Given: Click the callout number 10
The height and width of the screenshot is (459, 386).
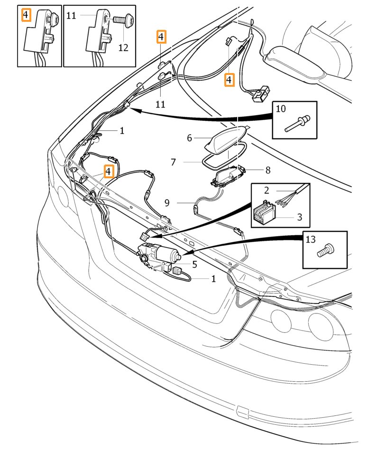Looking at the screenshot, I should click(281, 109).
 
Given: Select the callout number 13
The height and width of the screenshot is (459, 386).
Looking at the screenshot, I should click(310, 239).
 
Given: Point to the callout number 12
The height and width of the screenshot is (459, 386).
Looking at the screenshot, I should click(123, 47).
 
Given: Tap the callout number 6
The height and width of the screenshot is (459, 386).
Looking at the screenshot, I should click(189, 138).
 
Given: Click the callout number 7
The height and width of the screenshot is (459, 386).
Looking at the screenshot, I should click(173, 162).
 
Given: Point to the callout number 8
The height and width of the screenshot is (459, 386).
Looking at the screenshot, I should click(268, 169).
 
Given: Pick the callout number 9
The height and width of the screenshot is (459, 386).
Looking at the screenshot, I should click(167, 203).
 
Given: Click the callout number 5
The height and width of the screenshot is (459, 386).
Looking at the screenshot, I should click(194, 265).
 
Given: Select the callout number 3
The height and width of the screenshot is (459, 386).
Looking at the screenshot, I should click(299, 217).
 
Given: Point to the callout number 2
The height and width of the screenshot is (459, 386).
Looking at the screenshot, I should click(267, 191).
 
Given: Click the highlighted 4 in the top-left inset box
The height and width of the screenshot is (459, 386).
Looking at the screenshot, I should click(26, 15).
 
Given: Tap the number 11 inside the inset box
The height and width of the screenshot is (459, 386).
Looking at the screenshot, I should click(71, 15).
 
